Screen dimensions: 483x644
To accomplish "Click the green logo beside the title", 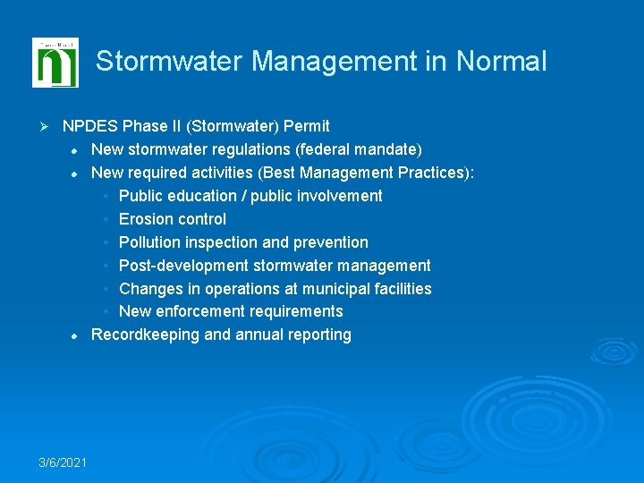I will point(55,63).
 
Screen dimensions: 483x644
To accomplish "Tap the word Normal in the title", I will point(501,62).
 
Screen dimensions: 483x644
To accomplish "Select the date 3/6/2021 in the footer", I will point(63,462).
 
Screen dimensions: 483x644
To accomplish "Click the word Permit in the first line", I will point(306,126).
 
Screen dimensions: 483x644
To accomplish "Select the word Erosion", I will point(146,219).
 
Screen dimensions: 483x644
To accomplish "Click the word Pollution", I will point(150,242).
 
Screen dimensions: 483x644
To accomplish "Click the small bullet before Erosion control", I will point(106,219).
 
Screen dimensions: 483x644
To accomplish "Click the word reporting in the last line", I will point(319,335).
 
